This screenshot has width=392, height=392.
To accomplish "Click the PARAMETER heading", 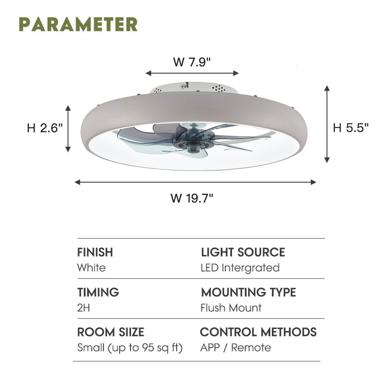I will click(78, 24).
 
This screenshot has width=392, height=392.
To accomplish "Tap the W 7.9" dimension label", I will click(192, 62).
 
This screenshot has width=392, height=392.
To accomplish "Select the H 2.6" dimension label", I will click(45, 128).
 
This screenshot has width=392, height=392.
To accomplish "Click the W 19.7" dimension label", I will click(192, 198).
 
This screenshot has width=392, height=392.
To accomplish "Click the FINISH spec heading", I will click(95, 252).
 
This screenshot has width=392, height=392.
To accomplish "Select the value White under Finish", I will click(91, 268).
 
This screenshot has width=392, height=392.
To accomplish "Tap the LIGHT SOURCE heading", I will click(243, 252).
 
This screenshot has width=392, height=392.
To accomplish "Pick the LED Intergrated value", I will click(240, 268).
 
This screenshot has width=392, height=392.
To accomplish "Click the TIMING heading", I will click(98, 292).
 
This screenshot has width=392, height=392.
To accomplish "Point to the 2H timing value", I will click(84, 308).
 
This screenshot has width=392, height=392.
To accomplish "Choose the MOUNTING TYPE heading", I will click(249, 292).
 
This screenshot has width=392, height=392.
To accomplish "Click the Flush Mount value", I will click(231, 308).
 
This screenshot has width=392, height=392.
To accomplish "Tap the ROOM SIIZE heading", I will click(111, 332).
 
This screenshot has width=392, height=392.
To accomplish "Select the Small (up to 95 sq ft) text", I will click(130, 348).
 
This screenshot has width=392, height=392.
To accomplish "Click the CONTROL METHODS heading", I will click(258, 332).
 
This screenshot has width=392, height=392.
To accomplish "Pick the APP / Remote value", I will click(236, 348).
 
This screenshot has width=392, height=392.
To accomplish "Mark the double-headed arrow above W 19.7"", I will click(195, 182).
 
